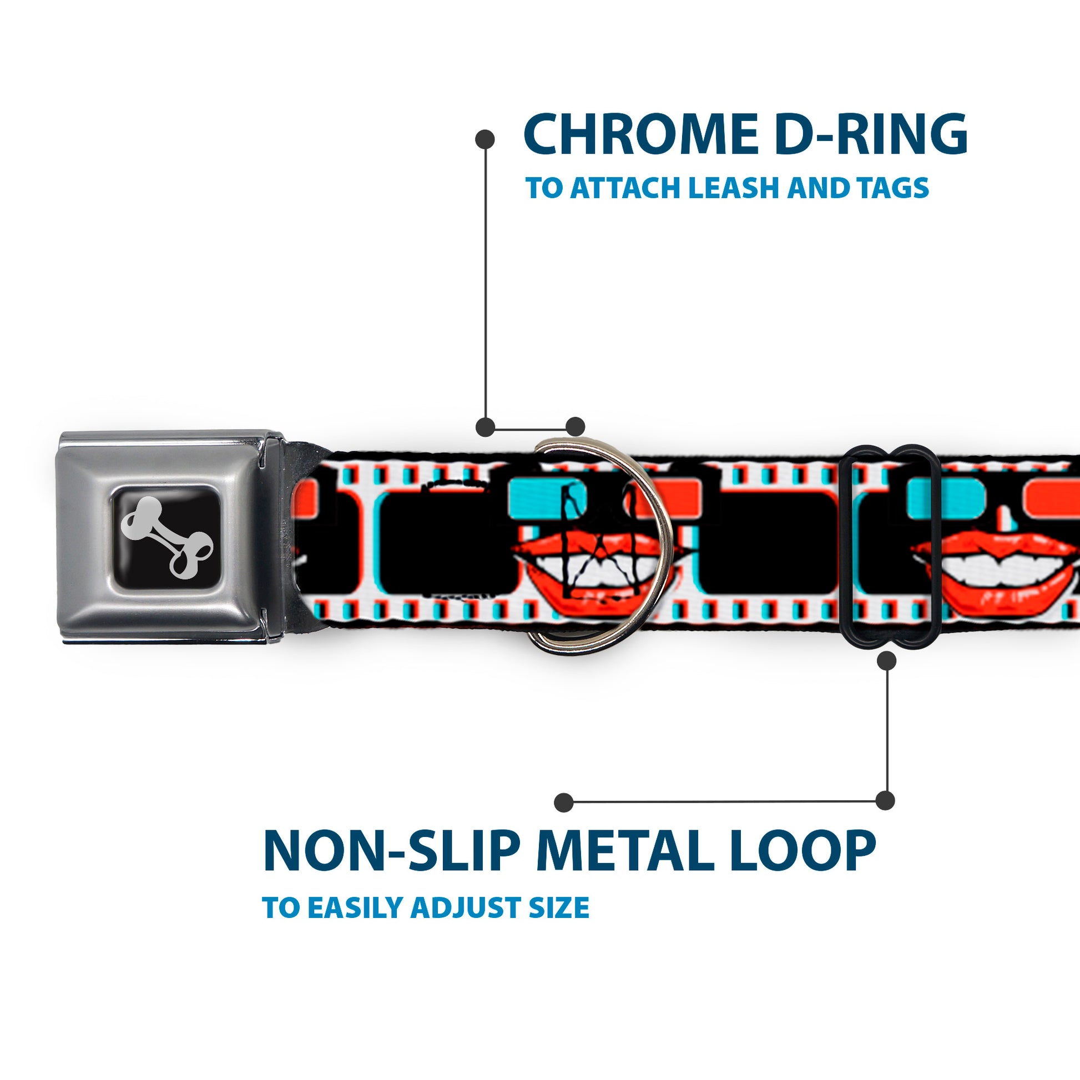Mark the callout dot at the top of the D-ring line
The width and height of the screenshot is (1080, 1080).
[484, 139]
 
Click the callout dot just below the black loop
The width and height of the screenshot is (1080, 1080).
[886, 661]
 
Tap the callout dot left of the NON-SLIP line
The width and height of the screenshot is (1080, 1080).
[563, 802]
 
